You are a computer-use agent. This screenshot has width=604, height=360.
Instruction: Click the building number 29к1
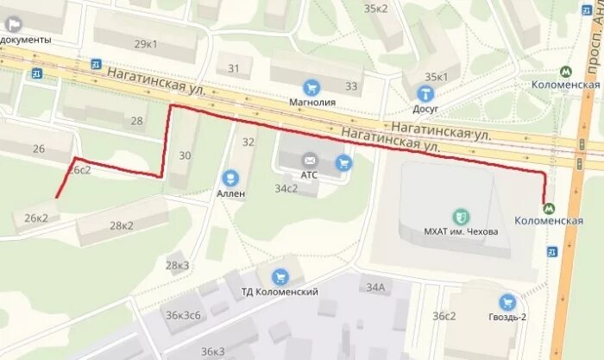pyautogui.click(x=146, y=44)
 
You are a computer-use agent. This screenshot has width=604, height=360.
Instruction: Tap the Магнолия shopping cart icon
pyautogui.click(x=311, y=86)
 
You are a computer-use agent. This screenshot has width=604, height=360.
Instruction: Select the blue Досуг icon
pyautogui.click(x=425, y=92)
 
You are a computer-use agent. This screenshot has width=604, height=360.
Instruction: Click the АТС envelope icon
pyautogui.click(x=309, y=160)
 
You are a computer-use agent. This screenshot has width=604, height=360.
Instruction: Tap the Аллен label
pyautogui.click(x=230, y=193)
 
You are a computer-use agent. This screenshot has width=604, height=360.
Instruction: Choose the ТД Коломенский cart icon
pyautogui.click(x=280, y=276)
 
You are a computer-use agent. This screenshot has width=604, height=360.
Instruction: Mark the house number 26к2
pyautogui.click(x=35, y=218)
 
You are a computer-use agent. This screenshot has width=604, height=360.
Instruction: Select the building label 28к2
pyautogui.click(x=122, y=225)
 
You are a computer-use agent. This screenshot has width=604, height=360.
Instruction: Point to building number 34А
pyautogui.click(x=375, y=287)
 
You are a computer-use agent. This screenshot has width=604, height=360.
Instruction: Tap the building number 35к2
pyautogui.click(x=377, y=9)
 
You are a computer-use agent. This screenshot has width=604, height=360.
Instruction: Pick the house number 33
pyautogui.click(x=351, y=86)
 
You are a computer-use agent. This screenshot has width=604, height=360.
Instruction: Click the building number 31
pyautogui.click(x=233, y=68)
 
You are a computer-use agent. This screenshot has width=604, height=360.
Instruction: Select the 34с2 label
pyautogui.click(x=286, y=188)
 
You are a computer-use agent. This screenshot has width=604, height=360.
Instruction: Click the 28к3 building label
pyautogui.click(x=177, y=265)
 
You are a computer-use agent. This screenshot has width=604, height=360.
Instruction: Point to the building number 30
pyautogui.click(x=185, y=155)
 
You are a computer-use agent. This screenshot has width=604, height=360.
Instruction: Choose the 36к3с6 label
pyautogui.click(x=183, y=315)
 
